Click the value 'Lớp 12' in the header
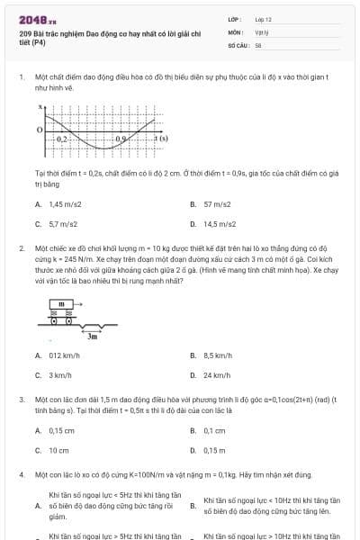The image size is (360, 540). pyautogui.click(x=264, y=19)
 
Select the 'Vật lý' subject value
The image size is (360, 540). pyautogui.click(x=261, y=31)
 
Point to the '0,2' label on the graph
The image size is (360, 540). pyautogui.click(x=61, y=139)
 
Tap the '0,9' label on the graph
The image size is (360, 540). pyautogui.click(x=121, y=139)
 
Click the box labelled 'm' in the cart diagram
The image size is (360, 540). pyautogui.click(x=61, y=304)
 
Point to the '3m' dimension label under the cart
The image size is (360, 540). pyautogui.click(x=92, y=335)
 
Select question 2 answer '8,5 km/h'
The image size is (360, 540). pyautogui.click(x=220, y=356)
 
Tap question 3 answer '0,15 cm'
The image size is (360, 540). pyautogui.click(x=62, y=431)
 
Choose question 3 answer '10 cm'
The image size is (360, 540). pyautogui.click(x=58, y=450)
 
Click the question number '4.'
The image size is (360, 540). pyautogui.click(x=22, y=473)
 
